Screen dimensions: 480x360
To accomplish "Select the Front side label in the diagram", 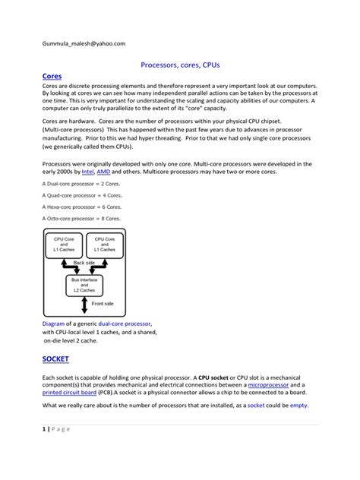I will click(103, 304).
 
